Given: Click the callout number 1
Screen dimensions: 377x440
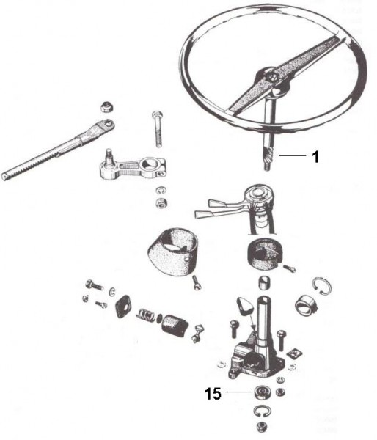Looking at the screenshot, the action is pos(316,157).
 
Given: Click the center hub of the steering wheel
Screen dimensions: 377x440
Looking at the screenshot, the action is pos(270,78).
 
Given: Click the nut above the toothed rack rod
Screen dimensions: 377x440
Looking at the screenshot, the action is pos(106,107).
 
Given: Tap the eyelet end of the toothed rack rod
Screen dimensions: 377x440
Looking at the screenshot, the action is pos(106,125).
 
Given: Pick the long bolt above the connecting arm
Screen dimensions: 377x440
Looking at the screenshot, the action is pos(158,128).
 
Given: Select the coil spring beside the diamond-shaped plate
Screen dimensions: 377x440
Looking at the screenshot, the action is pos(145,315).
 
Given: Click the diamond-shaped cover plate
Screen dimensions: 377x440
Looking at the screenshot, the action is pos(123,307).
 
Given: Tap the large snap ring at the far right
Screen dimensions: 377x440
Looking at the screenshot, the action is pos(323,286).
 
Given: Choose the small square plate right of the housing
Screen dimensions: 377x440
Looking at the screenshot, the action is pos(294,353).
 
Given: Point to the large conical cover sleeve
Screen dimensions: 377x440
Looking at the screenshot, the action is pos(172,250).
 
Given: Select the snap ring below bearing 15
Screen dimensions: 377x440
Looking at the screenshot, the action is pos(263,412).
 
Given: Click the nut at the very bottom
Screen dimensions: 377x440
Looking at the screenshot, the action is pos(262,427).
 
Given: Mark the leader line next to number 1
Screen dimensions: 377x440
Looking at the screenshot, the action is pos(292,156).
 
